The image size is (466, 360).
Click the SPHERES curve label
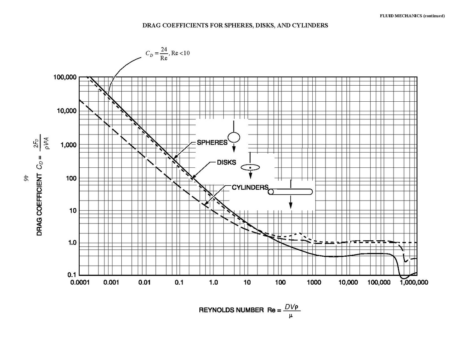coord(212,143)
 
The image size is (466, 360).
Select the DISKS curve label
coord(226,163)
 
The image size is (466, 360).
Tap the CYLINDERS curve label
coord(250,187)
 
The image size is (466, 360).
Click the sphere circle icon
coord(234,137)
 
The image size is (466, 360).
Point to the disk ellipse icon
coord(251,167)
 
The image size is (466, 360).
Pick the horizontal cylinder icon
coord(290,192)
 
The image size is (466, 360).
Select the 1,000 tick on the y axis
coord(68,145)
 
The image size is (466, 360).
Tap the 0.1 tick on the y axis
coord(72,275)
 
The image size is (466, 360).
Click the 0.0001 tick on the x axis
coord(79,283)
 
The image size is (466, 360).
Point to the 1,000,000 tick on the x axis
coord(414,283)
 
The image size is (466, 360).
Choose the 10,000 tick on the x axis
coord(347,283)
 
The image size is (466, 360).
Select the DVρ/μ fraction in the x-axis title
coord(291,310)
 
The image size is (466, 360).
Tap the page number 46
coord(25,177)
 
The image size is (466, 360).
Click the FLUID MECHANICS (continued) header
coord(412,16)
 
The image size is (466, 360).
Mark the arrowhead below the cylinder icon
coord(291,205)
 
